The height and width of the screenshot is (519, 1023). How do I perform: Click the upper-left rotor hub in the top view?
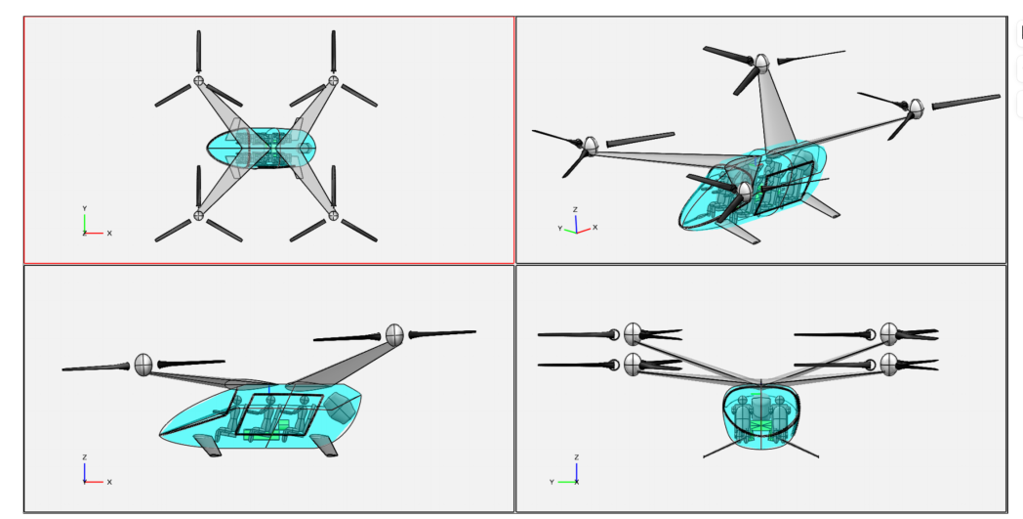tap(198, 80)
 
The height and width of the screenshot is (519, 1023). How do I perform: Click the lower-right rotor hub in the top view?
tap(334, 215)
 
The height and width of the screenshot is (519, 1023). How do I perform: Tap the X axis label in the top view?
tap(109, 234)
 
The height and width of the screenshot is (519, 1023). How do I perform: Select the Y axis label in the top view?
tap(84, 208)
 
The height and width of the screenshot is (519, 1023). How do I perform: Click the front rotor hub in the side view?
tap(143, 365)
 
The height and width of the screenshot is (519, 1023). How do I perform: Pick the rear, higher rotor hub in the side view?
tap(394, 334)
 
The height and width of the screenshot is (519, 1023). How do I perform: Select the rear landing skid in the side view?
tap(324, 445)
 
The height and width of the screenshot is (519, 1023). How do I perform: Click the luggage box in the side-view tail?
tap(340, 408)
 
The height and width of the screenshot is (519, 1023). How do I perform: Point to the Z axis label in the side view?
tap(84, 457)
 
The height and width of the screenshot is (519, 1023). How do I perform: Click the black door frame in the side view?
tap(279, 413)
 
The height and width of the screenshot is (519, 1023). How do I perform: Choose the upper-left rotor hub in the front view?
tap(633, 334)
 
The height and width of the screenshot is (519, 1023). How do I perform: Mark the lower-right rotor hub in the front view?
tap(889, 365)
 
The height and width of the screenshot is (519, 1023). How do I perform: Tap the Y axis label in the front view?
tap(552, 483)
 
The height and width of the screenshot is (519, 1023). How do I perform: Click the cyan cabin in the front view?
tap(760, 417)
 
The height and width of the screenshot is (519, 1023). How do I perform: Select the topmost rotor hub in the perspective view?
tap(761, 63)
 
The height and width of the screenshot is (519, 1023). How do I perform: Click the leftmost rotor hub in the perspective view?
tap(591, 146)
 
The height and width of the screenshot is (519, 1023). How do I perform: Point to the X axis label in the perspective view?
tap(594, 228)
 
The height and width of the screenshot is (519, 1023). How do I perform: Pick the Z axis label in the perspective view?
tap(575, 210)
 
